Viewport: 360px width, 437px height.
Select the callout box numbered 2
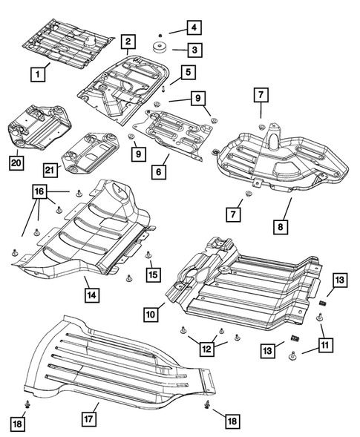(x=128, y=42)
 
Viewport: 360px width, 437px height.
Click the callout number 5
(x=189, y=72)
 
